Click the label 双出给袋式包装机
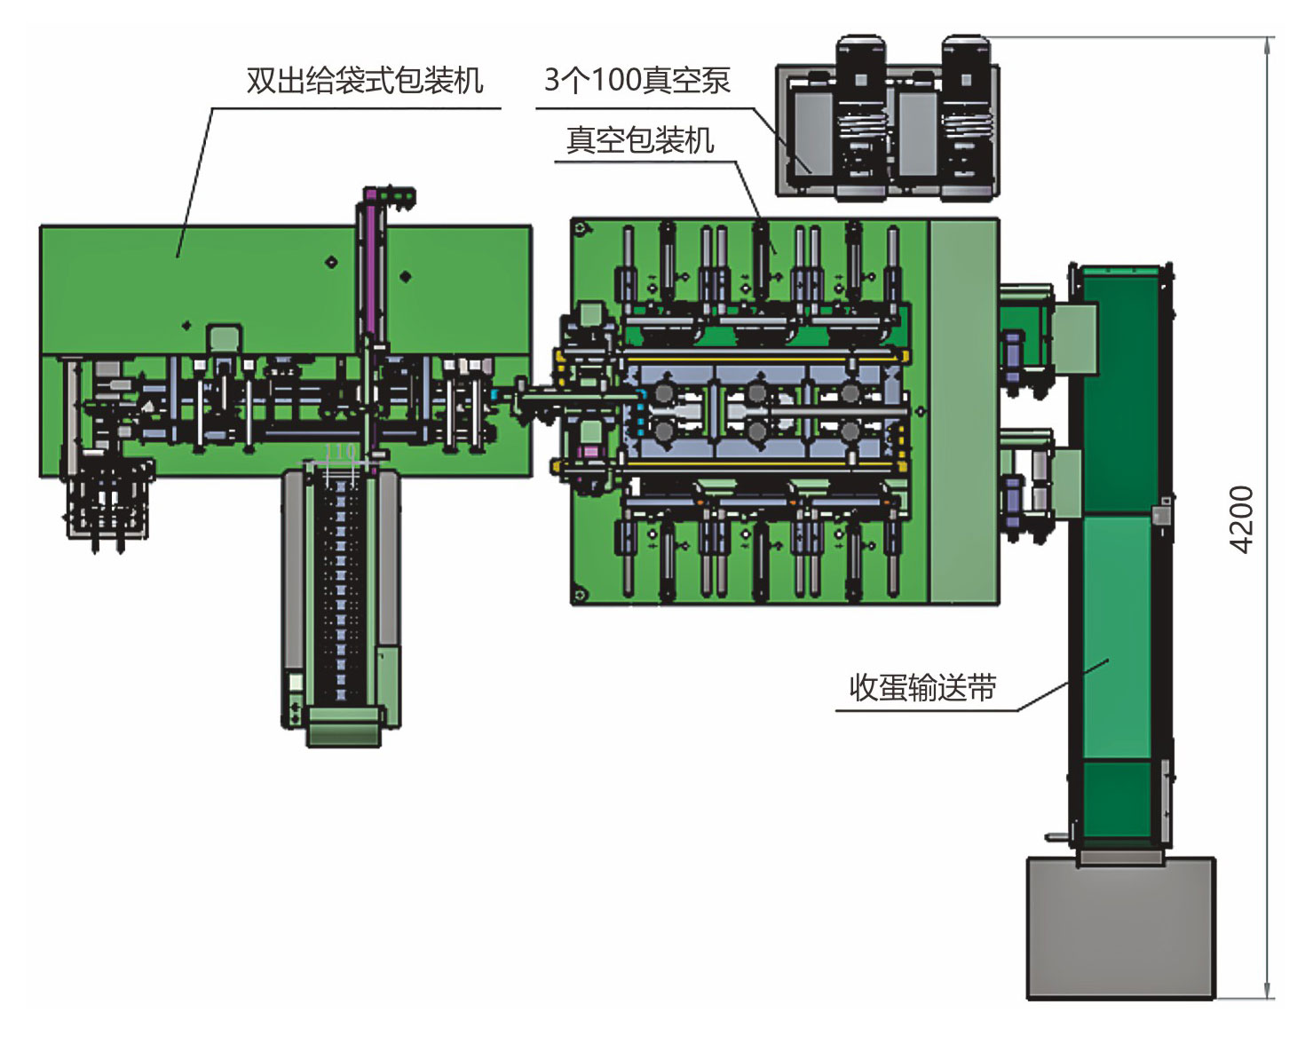coord(364,81)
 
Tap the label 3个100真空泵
coord(637,81)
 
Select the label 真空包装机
coord(639,140)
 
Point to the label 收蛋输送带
coord(922,688)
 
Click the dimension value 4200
coord(1242,519)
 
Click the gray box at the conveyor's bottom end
coord(1120,928)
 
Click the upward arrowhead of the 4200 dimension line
coord(1268,44)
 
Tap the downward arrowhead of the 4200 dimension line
coord(1268,992)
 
